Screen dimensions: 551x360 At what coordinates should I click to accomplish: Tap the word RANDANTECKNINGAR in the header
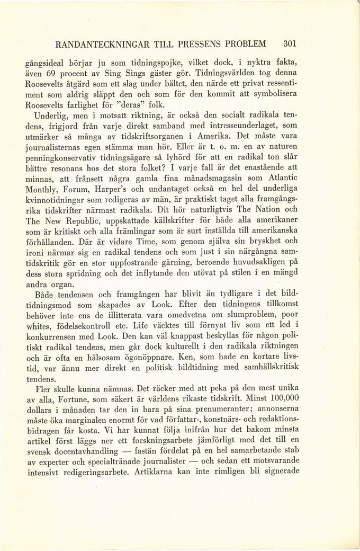tap(99, 43)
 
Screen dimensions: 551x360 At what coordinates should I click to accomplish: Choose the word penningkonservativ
tap(62, 159)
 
